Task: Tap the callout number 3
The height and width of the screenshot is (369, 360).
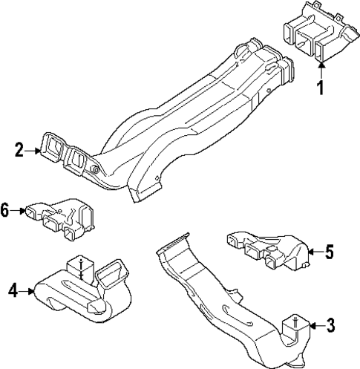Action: (x=330, y=325)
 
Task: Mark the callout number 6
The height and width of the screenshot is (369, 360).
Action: (x=6, y=210)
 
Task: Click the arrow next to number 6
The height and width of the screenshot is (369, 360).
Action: (x=20, y=210)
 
